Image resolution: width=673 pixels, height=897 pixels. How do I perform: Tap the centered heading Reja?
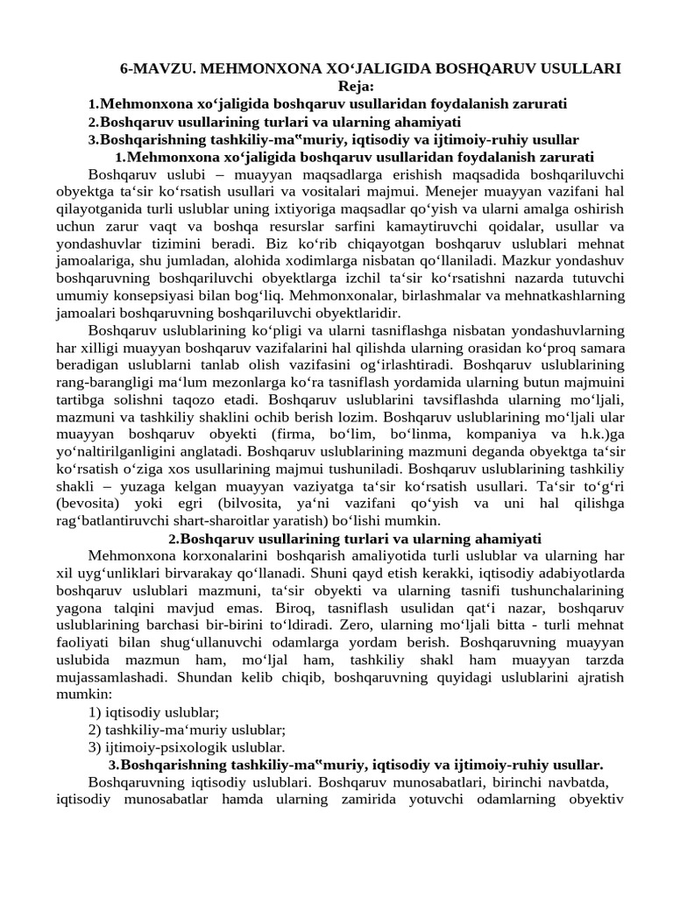(355, 86)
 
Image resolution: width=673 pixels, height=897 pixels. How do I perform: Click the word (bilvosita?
(273, 505)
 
